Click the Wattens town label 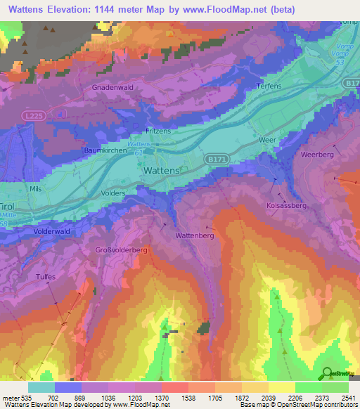point(161,171)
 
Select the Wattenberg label point(194,235)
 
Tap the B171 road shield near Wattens point(216,160)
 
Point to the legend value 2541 point(347,397)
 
